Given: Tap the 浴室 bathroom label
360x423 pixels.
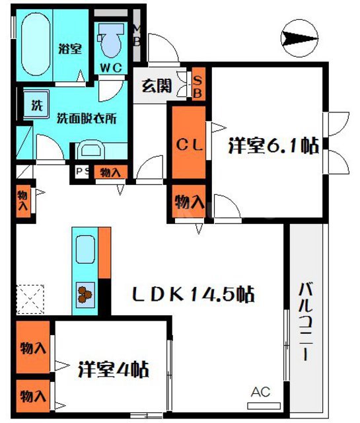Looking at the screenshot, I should (x=69, y=48).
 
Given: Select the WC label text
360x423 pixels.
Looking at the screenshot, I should (x=110, y=68).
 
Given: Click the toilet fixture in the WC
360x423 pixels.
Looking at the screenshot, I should (x=110, y=41).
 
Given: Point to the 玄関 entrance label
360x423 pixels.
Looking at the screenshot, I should (x=157, y=86).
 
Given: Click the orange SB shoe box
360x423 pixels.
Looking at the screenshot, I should (x=198, y=85).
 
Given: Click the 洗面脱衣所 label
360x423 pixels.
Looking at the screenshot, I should (x=87, y=119).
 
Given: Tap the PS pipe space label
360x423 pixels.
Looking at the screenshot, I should (x=82, y=173).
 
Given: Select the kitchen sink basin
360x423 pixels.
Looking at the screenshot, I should (x=84, y=251).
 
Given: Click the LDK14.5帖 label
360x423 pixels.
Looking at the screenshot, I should (x=196, y=293).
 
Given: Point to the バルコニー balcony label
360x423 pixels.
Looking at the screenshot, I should (x=305, y=321).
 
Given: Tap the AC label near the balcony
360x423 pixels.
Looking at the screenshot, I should (x=260, y=393).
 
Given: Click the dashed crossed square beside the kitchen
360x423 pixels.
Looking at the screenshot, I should (x=30, y=298).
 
